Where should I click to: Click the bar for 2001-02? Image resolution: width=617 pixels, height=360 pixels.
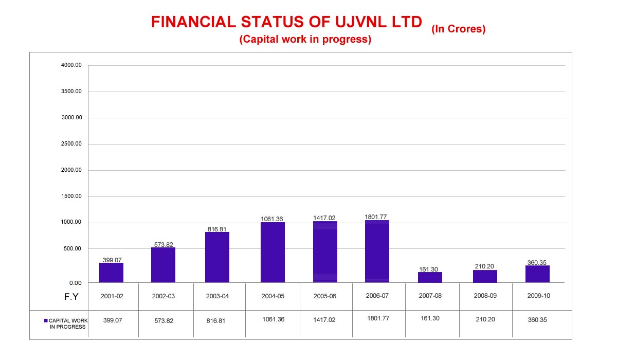[x=111, y=273]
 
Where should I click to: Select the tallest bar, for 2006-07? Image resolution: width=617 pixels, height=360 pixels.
[x=377, y=251]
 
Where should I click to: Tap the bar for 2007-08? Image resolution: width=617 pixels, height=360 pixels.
[x=430, y=277]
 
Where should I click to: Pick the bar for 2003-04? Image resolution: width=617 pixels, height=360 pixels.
[x=217, y=257]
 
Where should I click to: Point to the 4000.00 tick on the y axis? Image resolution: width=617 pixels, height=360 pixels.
[x=71, y=65]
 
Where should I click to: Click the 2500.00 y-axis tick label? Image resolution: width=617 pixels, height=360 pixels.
[x=71, y=144]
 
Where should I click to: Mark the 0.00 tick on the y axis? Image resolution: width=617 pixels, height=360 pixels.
[x=76, y=283]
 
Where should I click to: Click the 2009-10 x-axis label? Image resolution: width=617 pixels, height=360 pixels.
[x=537, y=296]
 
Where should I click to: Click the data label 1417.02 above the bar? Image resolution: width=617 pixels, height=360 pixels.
[x=324, y=218]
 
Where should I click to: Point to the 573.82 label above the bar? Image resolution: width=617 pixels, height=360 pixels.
[x=164, y=244]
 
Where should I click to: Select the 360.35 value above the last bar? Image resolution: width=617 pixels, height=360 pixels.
[x=537, y=262]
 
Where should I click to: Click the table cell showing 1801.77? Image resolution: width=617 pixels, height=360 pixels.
[x=378, y=318]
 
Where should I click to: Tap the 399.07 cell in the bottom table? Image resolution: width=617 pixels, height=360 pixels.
[x=113, y=320]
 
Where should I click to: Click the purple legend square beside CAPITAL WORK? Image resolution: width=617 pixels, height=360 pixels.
[x=46, y=320]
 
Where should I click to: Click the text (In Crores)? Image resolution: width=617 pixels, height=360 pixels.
[x=459, y=29]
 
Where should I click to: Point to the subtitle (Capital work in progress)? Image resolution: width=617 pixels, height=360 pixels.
[x=305, y=40]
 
